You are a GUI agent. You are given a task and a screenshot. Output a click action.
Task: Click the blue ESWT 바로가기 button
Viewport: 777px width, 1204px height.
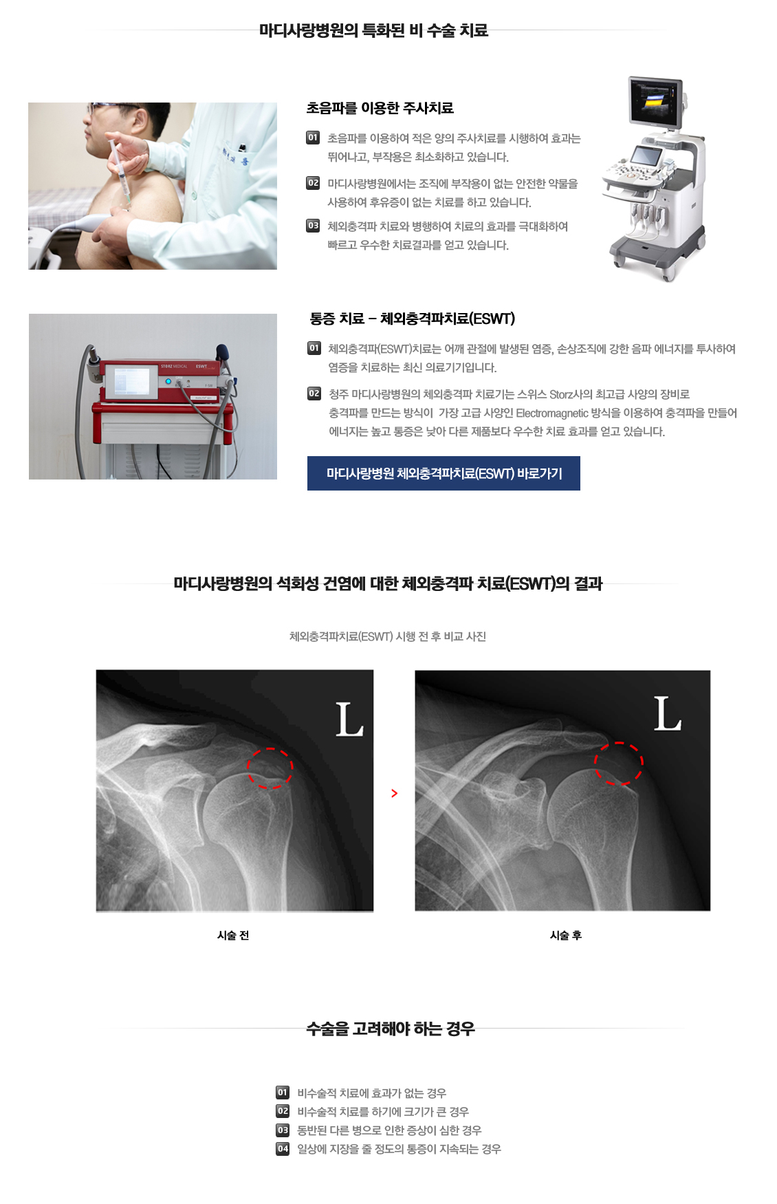pos(444,473)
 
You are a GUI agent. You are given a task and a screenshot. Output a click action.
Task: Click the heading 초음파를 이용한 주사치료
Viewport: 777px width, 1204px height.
pos(380,108)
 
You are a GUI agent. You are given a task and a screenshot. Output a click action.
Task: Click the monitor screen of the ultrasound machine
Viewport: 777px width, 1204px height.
pos(655,100)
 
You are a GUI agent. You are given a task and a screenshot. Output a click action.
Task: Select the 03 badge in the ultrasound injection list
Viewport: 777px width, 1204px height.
pos(313,226)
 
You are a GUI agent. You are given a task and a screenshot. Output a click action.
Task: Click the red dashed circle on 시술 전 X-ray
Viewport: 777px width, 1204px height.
pos(270,768)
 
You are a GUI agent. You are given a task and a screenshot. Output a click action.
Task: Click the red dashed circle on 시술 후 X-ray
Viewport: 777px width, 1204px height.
pos(618,764)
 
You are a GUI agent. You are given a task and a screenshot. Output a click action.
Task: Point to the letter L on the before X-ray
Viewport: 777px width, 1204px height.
pos(349,720)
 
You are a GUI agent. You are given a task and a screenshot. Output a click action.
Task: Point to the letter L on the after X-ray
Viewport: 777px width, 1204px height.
pos(666,713)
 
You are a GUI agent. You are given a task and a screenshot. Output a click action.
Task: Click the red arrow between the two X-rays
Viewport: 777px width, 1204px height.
pos(394,793)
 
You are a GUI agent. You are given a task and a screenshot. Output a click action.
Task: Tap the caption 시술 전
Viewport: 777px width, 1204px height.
pos(233,935)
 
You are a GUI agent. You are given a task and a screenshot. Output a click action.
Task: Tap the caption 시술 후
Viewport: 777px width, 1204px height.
pos(565,935)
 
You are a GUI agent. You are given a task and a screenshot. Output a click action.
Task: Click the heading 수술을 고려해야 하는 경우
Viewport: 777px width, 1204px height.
pos(390,1029)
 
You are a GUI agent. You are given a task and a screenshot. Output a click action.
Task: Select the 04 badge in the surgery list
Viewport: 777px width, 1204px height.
pos(283,1149)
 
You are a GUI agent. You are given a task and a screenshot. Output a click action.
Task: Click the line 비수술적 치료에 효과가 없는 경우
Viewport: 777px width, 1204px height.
pos(371,1093)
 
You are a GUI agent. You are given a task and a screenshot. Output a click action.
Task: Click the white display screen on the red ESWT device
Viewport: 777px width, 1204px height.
pos(131,381)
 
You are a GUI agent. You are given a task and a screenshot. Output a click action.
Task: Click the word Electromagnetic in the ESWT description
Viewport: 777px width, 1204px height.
pos(551,413)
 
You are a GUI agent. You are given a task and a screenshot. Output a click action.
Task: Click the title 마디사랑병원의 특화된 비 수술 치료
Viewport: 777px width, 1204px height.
pos(373,30)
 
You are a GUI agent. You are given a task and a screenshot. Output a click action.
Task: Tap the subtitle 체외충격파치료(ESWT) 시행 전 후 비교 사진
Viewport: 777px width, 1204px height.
pos(387,636)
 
